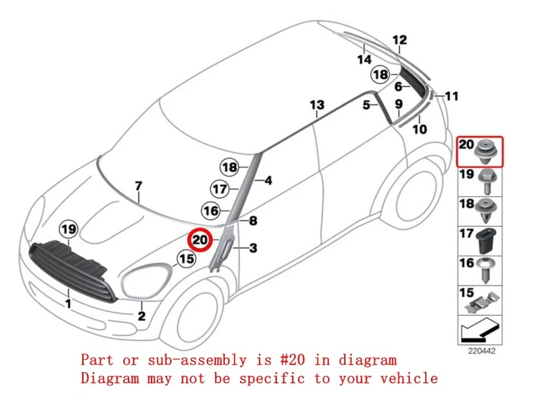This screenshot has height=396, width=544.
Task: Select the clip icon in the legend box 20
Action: [486, 153]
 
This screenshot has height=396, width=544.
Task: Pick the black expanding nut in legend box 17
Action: [486, 241]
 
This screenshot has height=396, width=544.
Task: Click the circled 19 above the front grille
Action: [68, 228]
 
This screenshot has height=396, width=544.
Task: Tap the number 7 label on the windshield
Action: [138, 186]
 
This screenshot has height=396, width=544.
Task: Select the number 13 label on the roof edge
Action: [317, 105]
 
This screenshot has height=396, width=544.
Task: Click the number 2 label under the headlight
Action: [141, 316]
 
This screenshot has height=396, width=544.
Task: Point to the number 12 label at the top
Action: [399, 40]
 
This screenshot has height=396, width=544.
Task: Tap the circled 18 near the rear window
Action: [381, 75]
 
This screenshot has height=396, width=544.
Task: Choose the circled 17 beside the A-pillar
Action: [220, 189]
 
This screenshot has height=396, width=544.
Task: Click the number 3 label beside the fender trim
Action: [253, 248]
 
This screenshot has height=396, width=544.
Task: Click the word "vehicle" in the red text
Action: [410, 378]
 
